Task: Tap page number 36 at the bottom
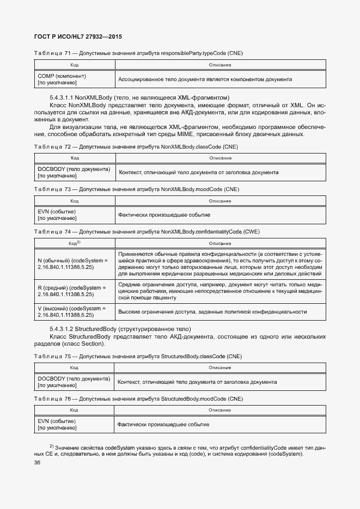pos(38,463)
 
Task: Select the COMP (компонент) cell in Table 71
pos(74,79)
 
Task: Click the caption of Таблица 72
pos(136,147)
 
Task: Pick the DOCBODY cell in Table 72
pos(74,172)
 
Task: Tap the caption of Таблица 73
pos(136,189)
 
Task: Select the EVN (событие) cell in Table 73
pos(74,215)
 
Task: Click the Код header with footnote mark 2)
pos(74,243)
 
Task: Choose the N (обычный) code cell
pos(74,264)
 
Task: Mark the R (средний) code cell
pos(74,290)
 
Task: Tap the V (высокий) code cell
pos(74,311)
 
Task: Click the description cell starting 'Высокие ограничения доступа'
pos(220,311)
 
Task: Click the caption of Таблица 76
pos(138,398)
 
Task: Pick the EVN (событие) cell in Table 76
pos(74,425)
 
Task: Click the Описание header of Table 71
pos(220,65)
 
